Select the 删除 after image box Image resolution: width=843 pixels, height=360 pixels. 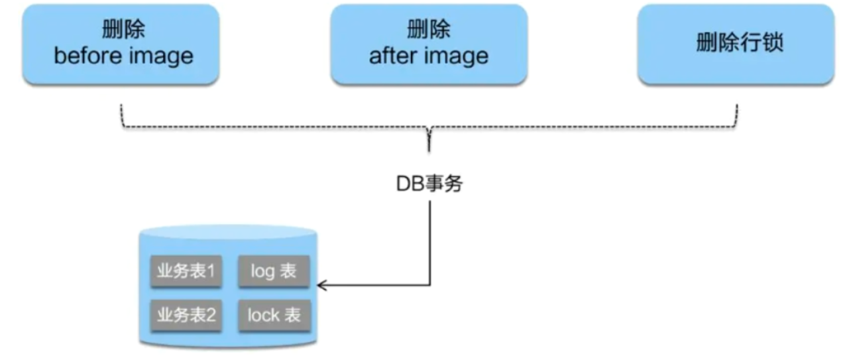429,44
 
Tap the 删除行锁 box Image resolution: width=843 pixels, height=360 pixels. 736,44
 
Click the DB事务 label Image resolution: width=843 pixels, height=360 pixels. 429,184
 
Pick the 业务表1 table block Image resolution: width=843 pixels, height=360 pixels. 186,271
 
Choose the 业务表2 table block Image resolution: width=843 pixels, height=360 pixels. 186,314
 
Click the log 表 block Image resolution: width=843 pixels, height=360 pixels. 273,271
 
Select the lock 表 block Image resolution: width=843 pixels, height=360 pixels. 273,314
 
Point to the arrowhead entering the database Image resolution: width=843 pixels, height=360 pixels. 321,286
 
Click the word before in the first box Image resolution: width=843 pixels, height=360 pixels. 84,56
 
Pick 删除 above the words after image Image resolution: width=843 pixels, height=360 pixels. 429,30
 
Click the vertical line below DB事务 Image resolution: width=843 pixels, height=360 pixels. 429,239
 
